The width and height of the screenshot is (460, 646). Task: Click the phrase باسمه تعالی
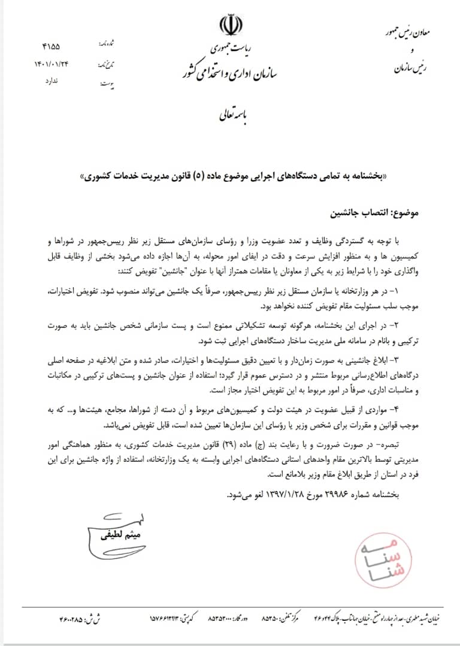pos(230,117)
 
